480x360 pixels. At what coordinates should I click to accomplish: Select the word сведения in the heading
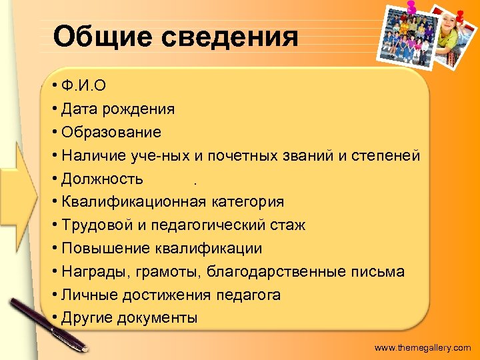(229, 37)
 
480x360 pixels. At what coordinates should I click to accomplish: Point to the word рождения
(143, 109)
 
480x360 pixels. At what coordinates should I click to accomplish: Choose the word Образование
(111, 132)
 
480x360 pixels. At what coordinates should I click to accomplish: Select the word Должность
(101, 179)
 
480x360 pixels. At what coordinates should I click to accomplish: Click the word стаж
(288, 225)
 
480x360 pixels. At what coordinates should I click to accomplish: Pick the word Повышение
(101, 249)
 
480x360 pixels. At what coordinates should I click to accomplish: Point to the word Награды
(94, 272)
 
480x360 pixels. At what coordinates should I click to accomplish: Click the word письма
(380, 272)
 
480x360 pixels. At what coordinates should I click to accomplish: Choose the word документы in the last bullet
(157, 318)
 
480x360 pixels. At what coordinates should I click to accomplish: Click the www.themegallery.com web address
(423, 347)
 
